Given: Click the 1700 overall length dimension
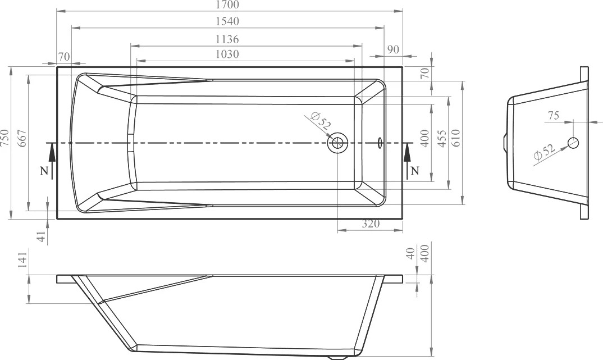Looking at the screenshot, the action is coord(227,4).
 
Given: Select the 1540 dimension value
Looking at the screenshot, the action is coord(227,21).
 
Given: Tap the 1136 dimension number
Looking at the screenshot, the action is coord(227,39).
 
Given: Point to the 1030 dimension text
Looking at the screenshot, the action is coord(227,54).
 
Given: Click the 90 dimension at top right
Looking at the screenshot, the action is coord(393,49).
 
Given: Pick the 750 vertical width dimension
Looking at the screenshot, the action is coord(5,138).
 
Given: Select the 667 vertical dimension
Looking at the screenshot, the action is coord(22,139).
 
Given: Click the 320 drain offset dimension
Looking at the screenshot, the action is coord(371,224).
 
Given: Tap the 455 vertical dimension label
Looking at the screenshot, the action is coord(442,139).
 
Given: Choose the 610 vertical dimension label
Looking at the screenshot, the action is coord(455,139).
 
